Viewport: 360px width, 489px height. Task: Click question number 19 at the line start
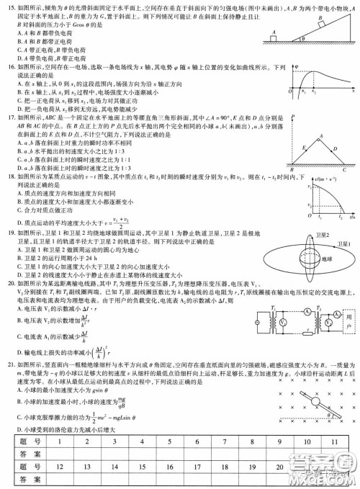click(7, 233)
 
